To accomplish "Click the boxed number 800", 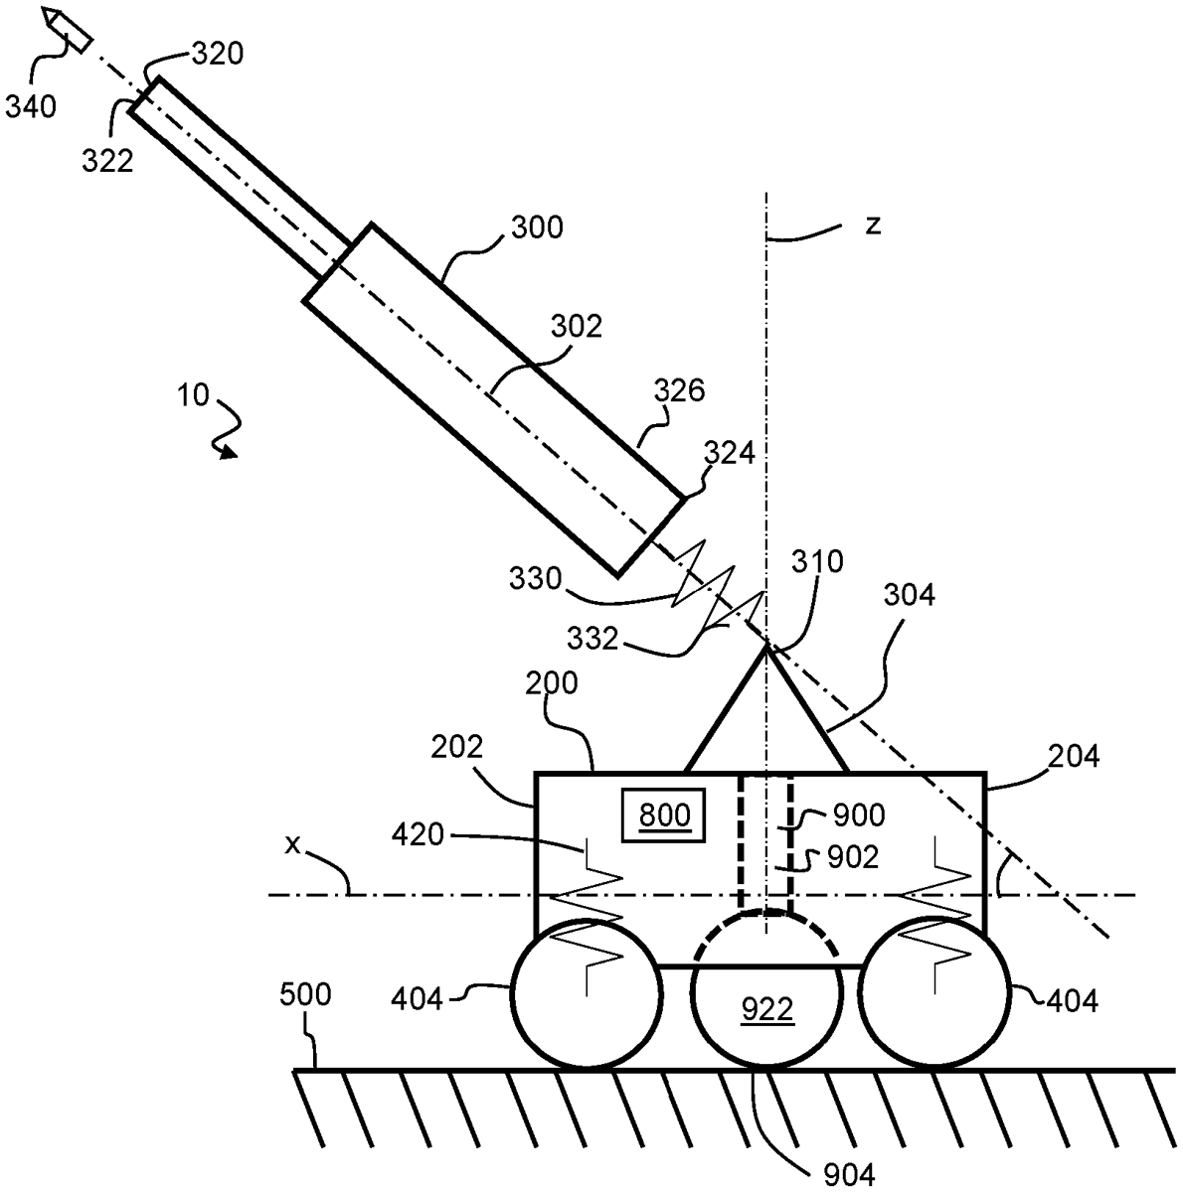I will tap(664, 816).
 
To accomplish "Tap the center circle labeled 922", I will tap(767, 1010).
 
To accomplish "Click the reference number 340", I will tap(32, 105).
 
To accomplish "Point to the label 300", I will tap(536, 227).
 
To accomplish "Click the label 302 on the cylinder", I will tap(576, 326).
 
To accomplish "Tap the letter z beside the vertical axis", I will tap(872, 224).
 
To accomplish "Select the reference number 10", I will tap(193, 395).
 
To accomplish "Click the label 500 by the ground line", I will tap(306, 994).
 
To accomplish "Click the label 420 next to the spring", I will tap(445, 835).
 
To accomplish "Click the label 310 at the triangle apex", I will tap(818, 562).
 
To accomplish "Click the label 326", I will tap(679, 390).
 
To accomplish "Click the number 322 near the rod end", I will tap(107, 160).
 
